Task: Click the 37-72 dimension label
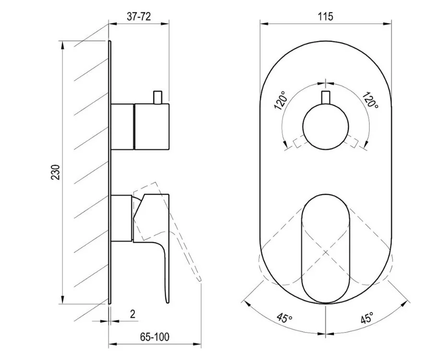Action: [x=139, y=16]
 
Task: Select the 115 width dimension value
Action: [x=325, y=16]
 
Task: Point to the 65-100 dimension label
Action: [x=154, y=337]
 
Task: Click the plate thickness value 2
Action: [x=133, y=314]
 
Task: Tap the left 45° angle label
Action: [x=284, y=317]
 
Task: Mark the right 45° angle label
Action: [x=367, y=317]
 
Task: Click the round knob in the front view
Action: [x=326, y=127]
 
